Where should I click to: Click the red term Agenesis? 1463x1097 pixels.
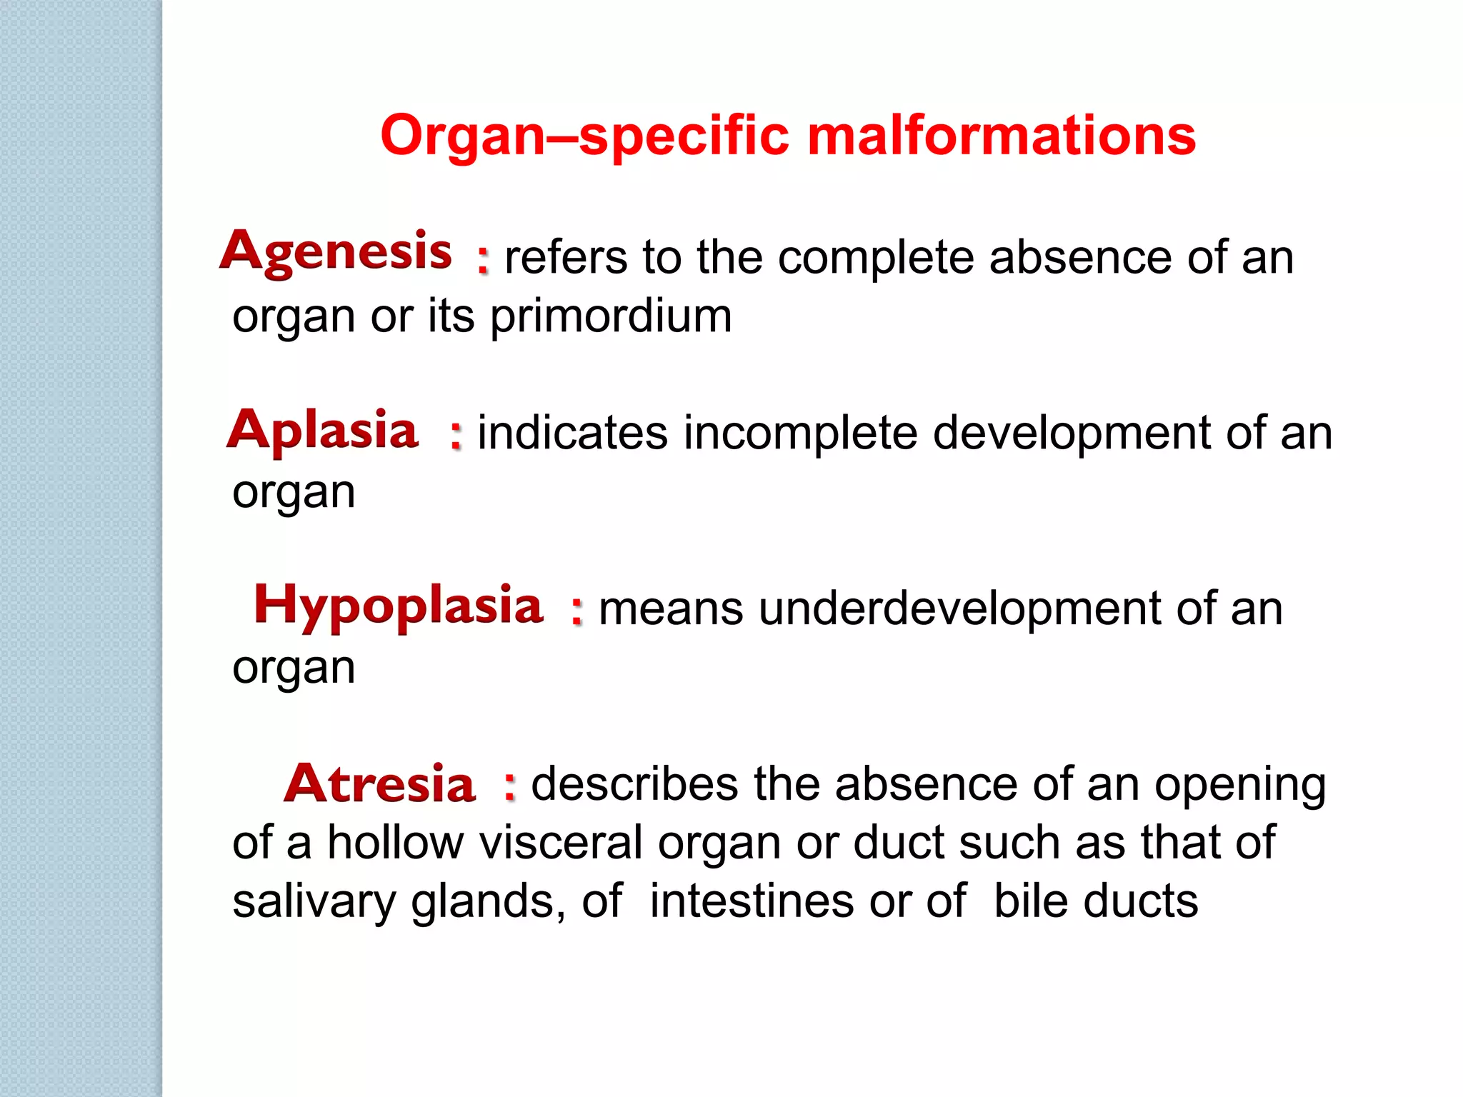click(x=336, y=252)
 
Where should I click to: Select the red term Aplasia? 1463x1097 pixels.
click(x=322, y=431)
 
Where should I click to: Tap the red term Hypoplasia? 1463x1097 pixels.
click(x=398, y=606)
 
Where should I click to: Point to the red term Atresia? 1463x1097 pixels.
click(x=379, y=783)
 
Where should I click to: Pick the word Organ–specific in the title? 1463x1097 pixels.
click(x=584, y=136)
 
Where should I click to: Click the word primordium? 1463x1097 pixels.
click(x=611, y=316)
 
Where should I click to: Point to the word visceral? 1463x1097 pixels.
click(x=561, y=843)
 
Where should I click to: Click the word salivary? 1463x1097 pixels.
click(x=314, y=902)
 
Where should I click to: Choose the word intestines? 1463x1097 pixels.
click(x=752, y=901)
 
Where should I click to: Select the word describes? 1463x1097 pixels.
click(x=634, y=784)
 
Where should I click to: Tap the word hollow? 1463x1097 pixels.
click(x=396, y=843)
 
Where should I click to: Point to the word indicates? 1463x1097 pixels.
click(x=572, y=433)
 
